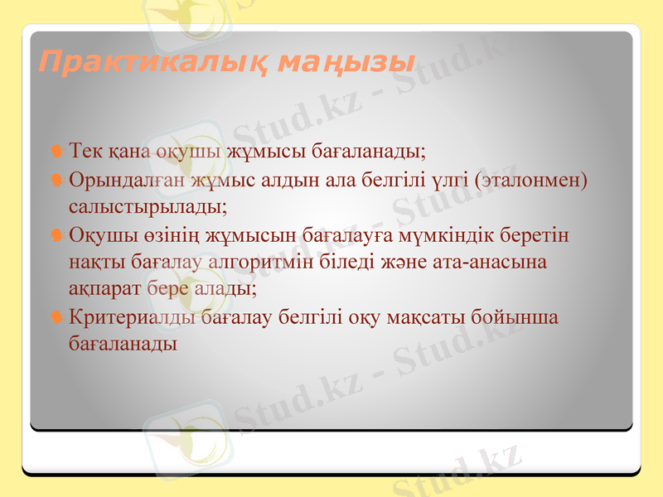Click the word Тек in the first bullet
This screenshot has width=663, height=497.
85,152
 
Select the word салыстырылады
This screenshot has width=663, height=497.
148,205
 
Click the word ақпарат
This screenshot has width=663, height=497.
104,289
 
